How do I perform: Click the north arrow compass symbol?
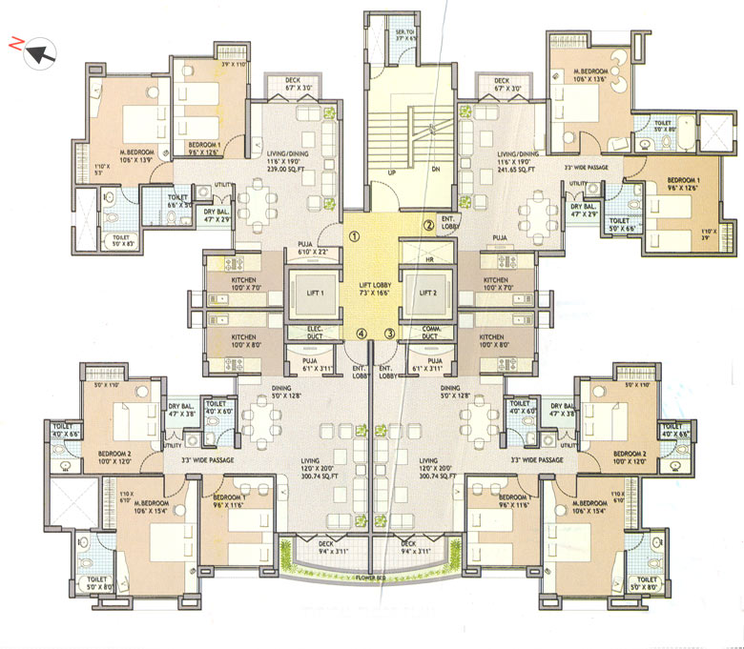[38, 52]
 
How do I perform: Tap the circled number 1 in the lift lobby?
[353, 237]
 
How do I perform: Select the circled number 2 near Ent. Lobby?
[429, 226]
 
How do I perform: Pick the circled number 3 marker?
[389, 333]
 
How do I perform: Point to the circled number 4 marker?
[361, 333]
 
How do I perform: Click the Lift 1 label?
[316, 294]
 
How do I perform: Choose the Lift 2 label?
[426, 294]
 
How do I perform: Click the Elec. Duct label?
[316, 334]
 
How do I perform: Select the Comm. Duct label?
[428, 334]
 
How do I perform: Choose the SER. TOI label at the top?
[405, 34]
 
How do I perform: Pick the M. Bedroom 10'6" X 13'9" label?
[137, 155]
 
